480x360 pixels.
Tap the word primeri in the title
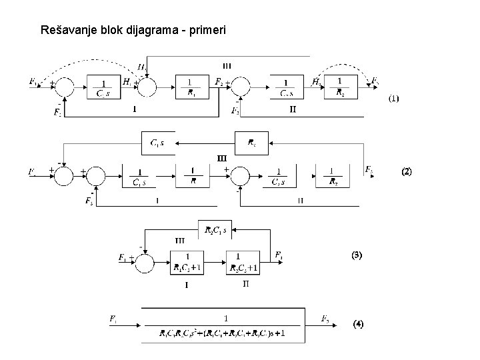pos(207,30)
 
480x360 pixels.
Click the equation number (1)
pos(394,99)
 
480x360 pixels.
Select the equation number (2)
pos(406,171)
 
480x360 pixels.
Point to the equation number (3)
pos(357,255)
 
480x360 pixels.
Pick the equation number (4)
pos(358,325)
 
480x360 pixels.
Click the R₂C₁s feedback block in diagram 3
pos(215,231)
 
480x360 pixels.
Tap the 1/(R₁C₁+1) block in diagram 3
pos(190,261)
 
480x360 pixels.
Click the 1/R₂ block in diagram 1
pos(341,86)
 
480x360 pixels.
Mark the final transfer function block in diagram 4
pos(223,325)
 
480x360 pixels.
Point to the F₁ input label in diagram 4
pos(114,319)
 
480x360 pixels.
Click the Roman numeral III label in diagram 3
pos(180,240)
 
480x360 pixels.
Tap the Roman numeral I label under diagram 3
pos(187,285)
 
